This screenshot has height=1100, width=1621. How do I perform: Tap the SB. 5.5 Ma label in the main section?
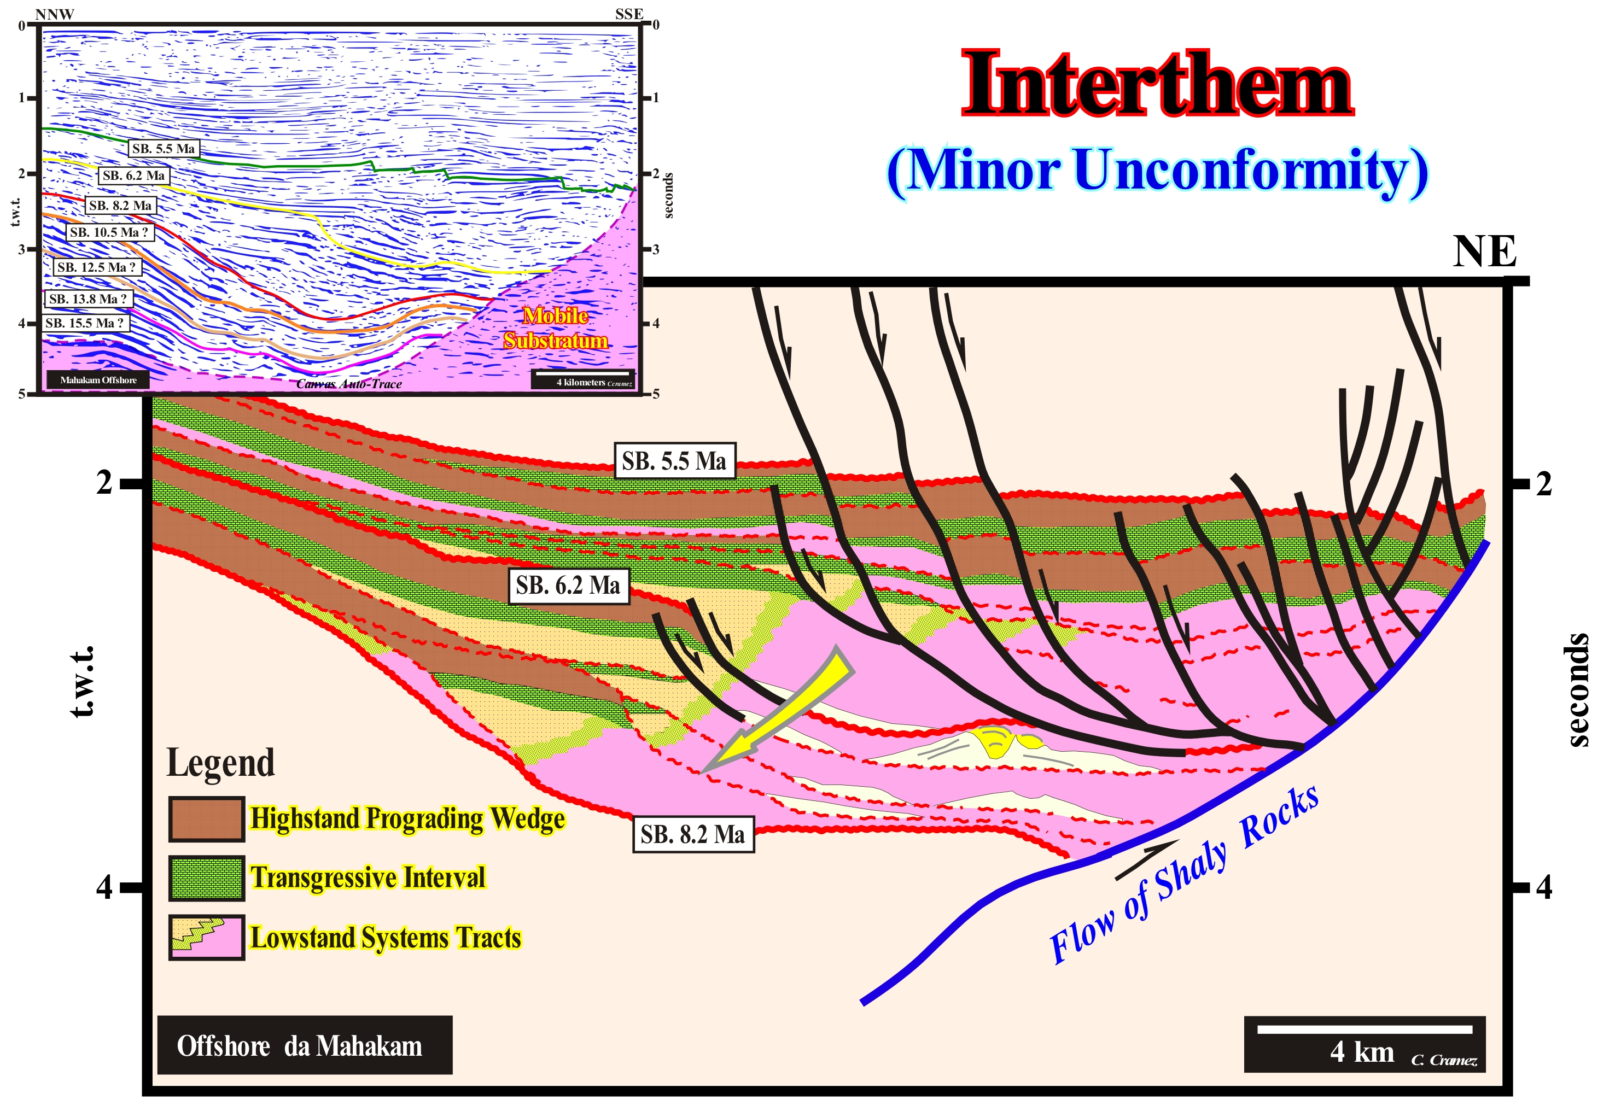click(674, 461)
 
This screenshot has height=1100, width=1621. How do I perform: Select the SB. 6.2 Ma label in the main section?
click(568, 585)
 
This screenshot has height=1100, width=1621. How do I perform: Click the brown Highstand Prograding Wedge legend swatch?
click(207, 818)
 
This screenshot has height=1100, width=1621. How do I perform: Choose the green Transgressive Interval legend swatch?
click(207, 877)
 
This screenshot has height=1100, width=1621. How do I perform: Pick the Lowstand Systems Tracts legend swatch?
click(207, 937)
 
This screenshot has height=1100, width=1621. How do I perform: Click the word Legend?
click(220, 763)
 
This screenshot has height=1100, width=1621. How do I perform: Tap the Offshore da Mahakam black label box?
click(305, 1045)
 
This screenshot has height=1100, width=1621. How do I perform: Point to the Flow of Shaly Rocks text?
click(1183, 874)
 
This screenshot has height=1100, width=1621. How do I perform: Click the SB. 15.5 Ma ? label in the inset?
click(84, 323)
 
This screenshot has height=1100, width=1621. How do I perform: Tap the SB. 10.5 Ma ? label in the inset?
click(109, 232)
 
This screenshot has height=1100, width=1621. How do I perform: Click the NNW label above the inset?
click(54, 14)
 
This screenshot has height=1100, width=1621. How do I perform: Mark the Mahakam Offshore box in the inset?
click(98, 380)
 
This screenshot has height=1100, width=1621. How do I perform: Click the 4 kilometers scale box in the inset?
click(583, 379)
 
